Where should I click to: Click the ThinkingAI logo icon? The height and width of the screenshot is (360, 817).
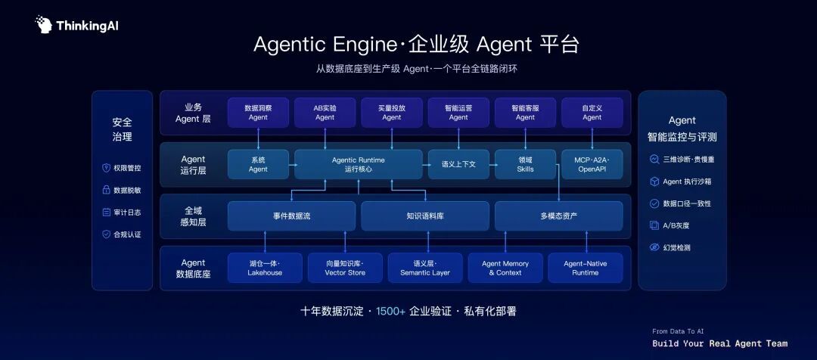point(43,24)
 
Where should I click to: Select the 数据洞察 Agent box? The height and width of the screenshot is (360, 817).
point(258,113)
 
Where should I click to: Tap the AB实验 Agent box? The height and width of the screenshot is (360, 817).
point(325,113)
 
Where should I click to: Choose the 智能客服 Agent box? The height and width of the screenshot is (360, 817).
point(525,113)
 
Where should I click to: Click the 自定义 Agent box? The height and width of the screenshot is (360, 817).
point(592,113)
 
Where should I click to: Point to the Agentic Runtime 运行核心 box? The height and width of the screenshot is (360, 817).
point(359,164)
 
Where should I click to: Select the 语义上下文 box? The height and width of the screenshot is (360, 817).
point(458,164)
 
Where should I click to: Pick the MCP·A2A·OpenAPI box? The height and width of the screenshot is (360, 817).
point(592,164)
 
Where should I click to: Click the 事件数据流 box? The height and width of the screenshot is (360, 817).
point(291,216)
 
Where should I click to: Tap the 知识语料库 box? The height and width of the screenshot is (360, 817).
point(425,216)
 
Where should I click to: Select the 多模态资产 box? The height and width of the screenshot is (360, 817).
point(558,216)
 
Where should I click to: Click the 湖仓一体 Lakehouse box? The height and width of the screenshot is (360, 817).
point(265,268)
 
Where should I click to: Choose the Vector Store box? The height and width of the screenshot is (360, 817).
point(345,268)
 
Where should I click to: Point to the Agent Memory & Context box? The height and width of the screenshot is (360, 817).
point(505,268)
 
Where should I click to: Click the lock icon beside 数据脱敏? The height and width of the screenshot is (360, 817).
point(107,190)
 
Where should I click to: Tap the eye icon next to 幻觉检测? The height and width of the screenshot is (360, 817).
point(654,247)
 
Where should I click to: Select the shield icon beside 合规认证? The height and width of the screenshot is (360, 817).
point(107,234)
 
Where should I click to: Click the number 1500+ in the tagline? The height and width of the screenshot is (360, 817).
point(391,312)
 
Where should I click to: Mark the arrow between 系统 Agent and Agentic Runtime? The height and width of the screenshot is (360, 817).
point(292,164)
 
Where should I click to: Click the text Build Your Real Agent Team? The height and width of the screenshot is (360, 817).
point(720,344)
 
